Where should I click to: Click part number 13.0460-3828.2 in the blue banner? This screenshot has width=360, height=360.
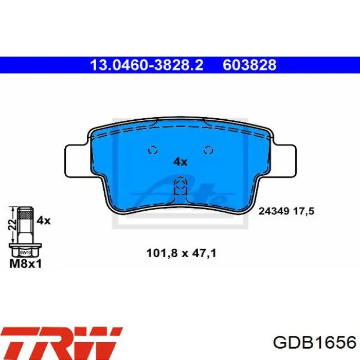coord(147,65)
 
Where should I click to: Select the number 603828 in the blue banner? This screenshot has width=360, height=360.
coord(249,65)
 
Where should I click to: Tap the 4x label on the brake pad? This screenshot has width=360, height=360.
coord(180,162)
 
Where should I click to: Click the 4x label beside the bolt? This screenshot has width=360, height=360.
coord(44,221)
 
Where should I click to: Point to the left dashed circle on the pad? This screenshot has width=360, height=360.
coord(153,150)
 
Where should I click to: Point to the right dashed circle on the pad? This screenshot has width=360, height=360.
coord(208,150)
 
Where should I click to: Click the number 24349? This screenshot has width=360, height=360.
coord(274,211)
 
